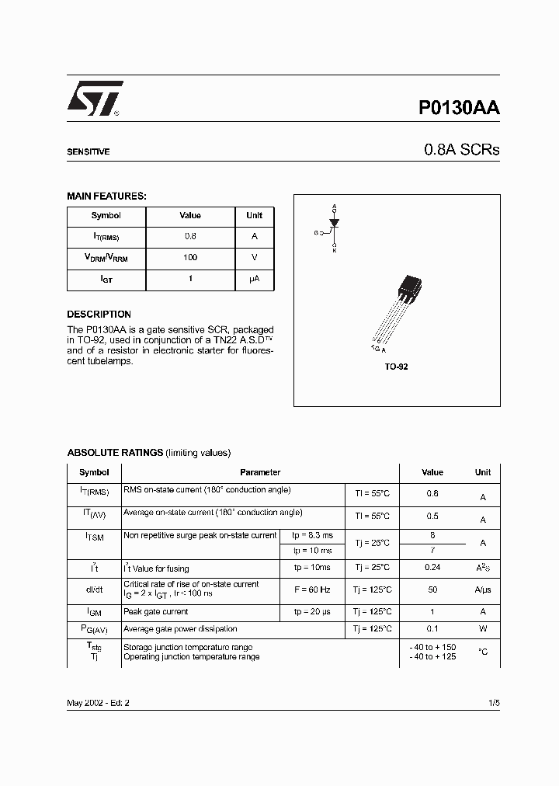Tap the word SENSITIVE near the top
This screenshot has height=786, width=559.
point(88,152)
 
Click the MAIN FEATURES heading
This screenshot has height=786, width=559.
point(106,196)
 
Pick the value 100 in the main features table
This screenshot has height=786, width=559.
point(190,258)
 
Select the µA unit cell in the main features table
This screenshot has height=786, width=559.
point(254,279)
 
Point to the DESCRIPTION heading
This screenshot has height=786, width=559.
point(99,315)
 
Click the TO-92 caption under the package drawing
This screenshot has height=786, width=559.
point(396,367)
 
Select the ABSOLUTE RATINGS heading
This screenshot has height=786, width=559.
point(115,452)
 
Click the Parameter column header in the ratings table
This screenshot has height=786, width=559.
point(260,472)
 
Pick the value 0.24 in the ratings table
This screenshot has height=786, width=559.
point(432,569)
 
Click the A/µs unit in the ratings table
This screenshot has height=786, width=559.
point(483,589)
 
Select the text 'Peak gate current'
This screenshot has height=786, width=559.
point(158,612)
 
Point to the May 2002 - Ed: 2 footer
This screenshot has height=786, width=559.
point(99,702)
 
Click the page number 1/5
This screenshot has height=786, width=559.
point(494,702)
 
